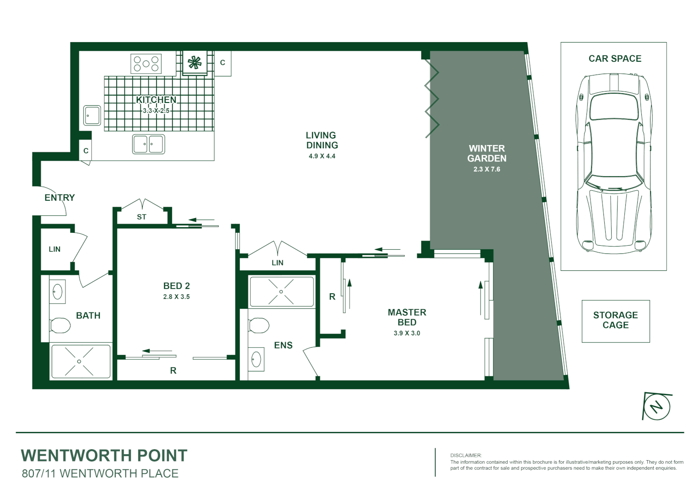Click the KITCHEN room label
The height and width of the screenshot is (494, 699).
click(x=156, y=100)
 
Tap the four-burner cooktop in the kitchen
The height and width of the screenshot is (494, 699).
click(x=146, y=64)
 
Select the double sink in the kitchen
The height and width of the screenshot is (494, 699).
click(x=148, y=144)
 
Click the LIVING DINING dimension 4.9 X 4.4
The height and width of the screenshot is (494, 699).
click(x=322, y=156)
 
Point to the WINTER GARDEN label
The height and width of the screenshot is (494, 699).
click(x=487, y=153)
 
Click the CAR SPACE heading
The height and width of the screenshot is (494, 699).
click(x=614, y=59)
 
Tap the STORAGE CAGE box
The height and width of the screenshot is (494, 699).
click(x=615, y=321)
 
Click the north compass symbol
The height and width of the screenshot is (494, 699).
click(x=657, y=406)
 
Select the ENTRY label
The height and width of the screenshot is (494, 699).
click(x=59, y=198)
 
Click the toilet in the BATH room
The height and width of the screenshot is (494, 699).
click(x=59, y=326)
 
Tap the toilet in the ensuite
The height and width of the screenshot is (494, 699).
click(x=258, y=326)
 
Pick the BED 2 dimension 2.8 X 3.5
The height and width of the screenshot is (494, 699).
click(x=176, y=297)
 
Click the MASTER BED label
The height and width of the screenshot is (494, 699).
click(x=407, y=317)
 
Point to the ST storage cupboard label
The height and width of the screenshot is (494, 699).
click(x=141, y=217)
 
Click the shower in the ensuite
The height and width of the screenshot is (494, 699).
click(x=281, y=292)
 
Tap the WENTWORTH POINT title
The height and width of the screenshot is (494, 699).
click(x=104, y=456)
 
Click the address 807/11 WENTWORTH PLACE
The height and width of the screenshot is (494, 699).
click(x=100, y=474)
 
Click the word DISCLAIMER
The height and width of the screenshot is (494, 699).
click(x=466, y=456)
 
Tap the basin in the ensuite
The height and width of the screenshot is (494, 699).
click(x=256, y=359)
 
